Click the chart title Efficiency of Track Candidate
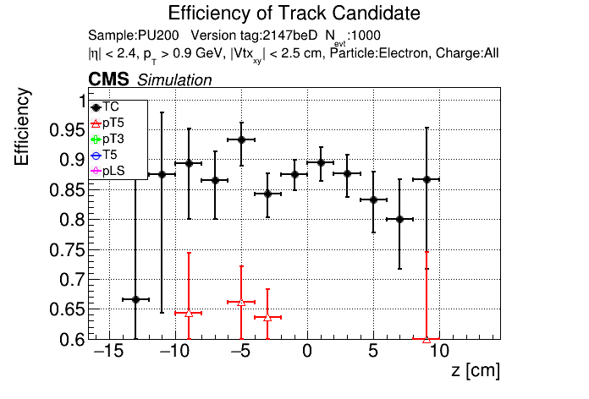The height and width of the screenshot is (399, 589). tap(294, 14)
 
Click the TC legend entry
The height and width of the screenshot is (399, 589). tap(105, 107)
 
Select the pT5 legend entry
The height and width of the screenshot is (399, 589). tap(107, 123)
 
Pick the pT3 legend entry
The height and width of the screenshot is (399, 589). tap(107, 139)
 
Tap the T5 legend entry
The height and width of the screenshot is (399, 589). tap(104, 155)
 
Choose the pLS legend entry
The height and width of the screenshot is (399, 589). tap(107, 171)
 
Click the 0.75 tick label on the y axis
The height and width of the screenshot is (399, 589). tap(67, 249)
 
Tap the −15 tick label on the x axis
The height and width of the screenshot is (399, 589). tap(108, 352)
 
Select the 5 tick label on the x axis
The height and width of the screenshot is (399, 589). tap(373, 352)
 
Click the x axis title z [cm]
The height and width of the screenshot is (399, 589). tap(476, 370)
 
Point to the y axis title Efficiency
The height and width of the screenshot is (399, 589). tap(21, 127)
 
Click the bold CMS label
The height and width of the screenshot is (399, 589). tap(108, 79)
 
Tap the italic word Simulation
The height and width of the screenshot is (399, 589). tap(174, 80)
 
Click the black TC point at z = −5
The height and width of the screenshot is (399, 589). tap(241, 139)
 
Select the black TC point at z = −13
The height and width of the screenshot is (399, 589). tap(135, 299)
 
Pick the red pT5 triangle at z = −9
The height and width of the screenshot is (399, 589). tap(189, 313)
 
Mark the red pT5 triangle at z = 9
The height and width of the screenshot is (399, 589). tap(427, 339)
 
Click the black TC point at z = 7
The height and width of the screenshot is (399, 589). tap(399, 219)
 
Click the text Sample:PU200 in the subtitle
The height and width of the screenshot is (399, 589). tap(134, 36)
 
